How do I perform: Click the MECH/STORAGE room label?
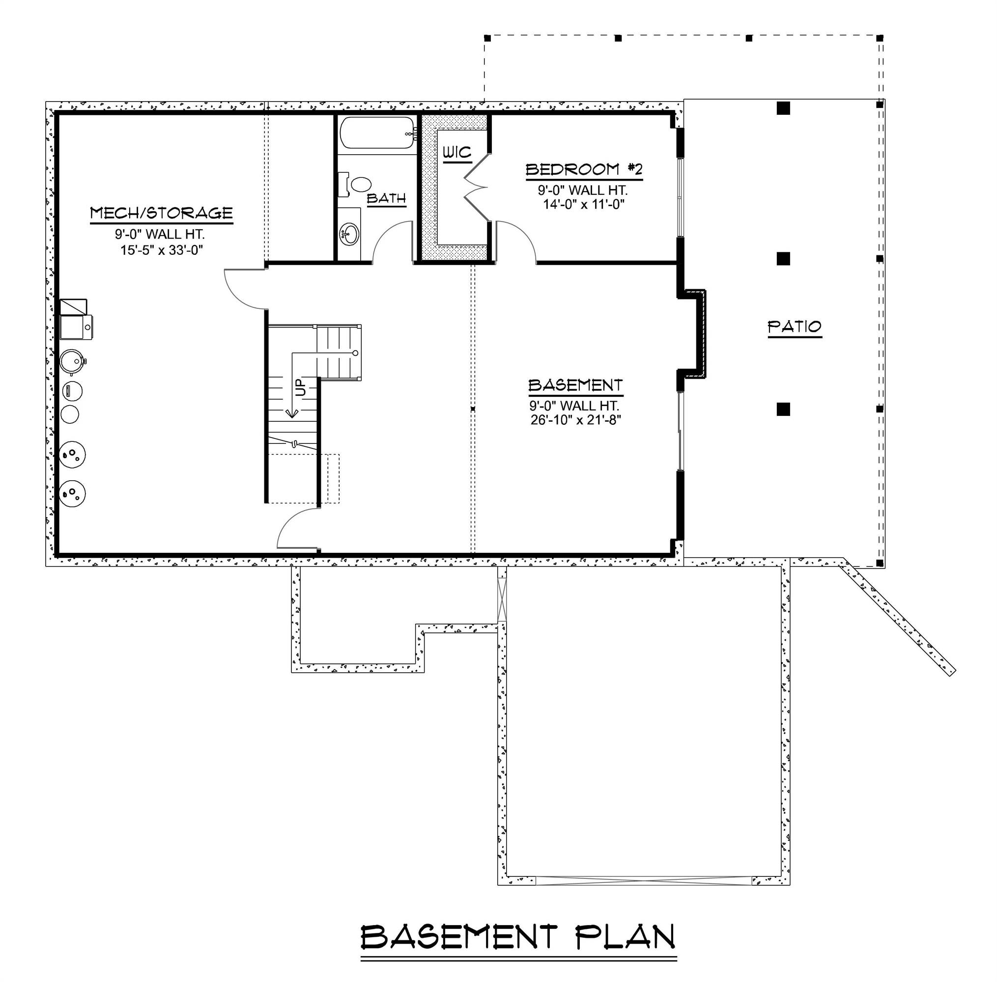click(161, 213)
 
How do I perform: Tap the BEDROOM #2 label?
click(584, 169)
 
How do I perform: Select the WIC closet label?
click(456, 153)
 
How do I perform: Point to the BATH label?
click(387, 198)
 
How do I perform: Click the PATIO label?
click(794, 327)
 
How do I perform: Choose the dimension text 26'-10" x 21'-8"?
click(575, 420)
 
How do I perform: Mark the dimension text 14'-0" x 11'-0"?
click(584, 204)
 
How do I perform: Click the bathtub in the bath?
click(377, 133)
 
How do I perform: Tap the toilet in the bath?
click(360, 184)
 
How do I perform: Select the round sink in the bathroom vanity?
click(350, 235)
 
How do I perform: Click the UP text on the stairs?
click(301, 387)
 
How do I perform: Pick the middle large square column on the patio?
click(783, 258)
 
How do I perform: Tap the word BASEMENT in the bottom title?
click(459, 937)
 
